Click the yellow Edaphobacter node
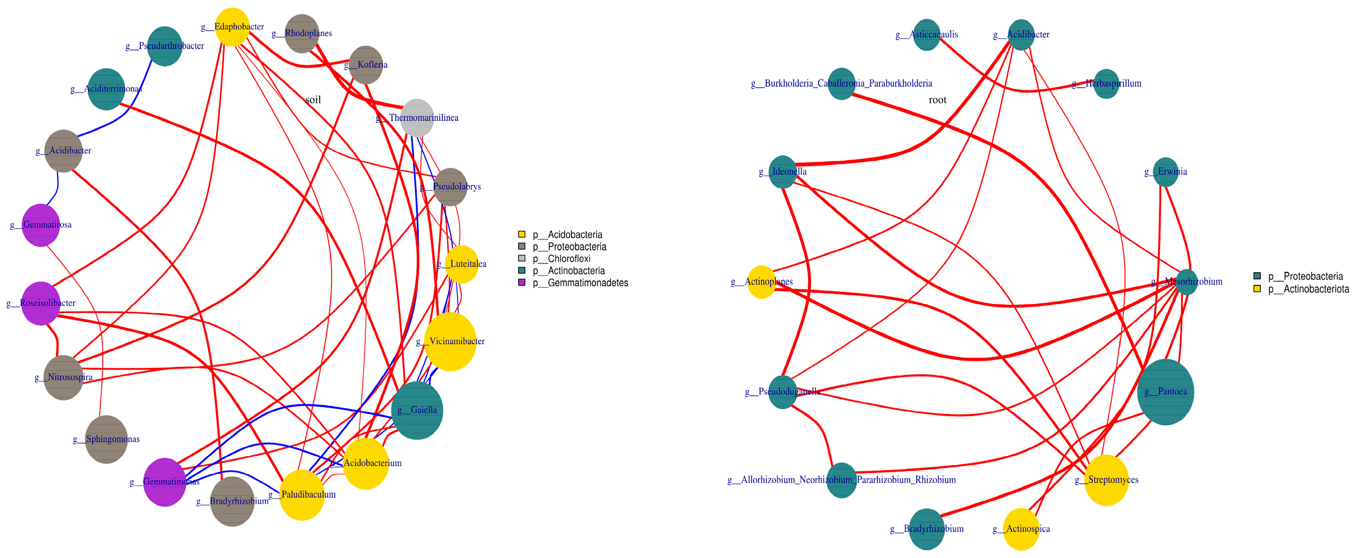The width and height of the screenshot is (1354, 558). (x=232, y=27)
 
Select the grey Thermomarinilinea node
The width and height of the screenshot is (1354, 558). (x=417, y=118)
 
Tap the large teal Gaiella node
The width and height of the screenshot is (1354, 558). (x=417, y=410)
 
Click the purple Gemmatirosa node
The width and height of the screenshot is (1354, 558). (x=40, y=225)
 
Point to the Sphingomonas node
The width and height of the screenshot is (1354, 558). (x=106, y=439)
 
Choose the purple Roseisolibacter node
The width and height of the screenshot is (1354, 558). (x=40, y=303)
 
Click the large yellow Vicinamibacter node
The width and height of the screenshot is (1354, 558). (x=450, y=341)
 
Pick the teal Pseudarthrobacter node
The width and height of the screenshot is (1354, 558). (x=164, y=46)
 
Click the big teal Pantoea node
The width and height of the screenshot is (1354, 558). (x=1165, y=392)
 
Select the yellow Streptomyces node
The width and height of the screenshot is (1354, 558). (x=1106, y=480)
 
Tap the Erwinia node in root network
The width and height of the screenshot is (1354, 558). (x=1165, y=172)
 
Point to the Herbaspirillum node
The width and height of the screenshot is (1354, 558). (x=1106, y=84)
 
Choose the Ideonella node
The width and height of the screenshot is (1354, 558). (x=783, y=172)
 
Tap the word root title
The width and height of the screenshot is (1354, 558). (x=937, y=100)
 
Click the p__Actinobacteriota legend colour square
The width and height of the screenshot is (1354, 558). (x=1257, y=289)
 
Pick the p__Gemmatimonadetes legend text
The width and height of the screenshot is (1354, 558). (x=580, y=283)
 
